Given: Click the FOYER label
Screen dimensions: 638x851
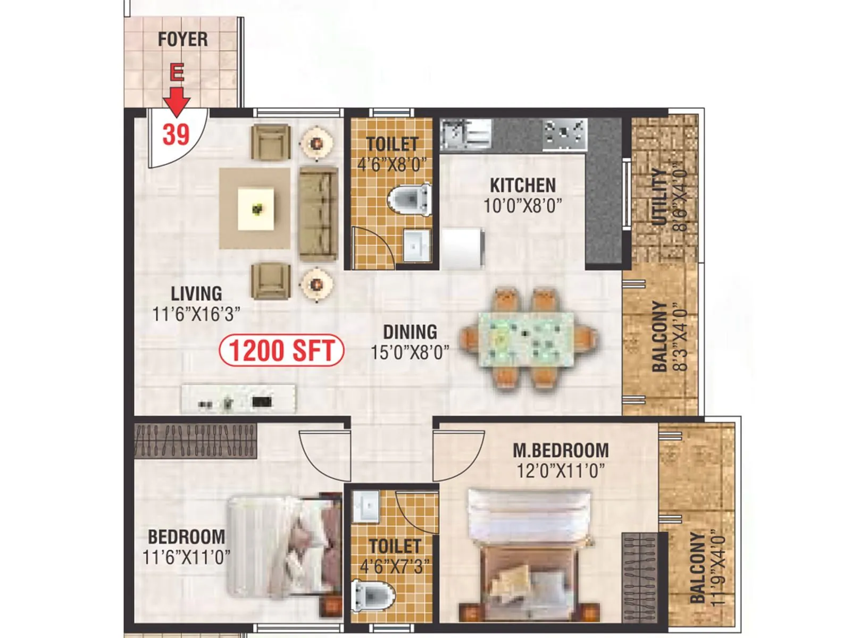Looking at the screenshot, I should pyautogui.click(x=182, y=39).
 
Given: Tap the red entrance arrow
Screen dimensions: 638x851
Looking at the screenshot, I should pyautogui.click(x=176, y=100).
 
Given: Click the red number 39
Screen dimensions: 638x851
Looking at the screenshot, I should pyautogui.click(x=176, y=134).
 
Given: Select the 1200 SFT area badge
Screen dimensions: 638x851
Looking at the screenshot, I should pyautogui.click(x=281, y=350).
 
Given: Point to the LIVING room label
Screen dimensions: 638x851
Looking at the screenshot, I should pyautogui.click(x=196, y=293).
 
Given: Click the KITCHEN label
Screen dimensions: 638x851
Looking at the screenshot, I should pyautogui.click(x=522, y=185).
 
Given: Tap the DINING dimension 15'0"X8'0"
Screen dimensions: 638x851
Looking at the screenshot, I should pyautogui.click(x=410, y=351).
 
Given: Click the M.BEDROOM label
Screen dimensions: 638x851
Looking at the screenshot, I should pyautogui.click(x=561, y=450).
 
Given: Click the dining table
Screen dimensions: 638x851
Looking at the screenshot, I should pyautogui.click(x=526, y=339).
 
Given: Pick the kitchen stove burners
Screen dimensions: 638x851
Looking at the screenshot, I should pyautogui.click(x=564, y=132).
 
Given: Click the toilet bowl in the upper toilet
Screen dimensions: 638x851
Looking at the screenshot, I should pyautogui.click(x=410, y=199).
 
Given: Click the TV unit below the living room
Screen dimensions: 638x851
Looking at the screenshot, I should pyautogui.click(x=238, y=399).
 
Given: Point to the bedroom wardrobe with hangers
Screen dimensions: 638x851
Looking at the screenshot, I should pyautogui.click(x=195, y=441).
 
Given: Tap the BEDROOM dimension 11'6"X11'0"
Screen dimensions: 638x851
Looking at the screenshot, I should pyautogui.click(x=186, y=557).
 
